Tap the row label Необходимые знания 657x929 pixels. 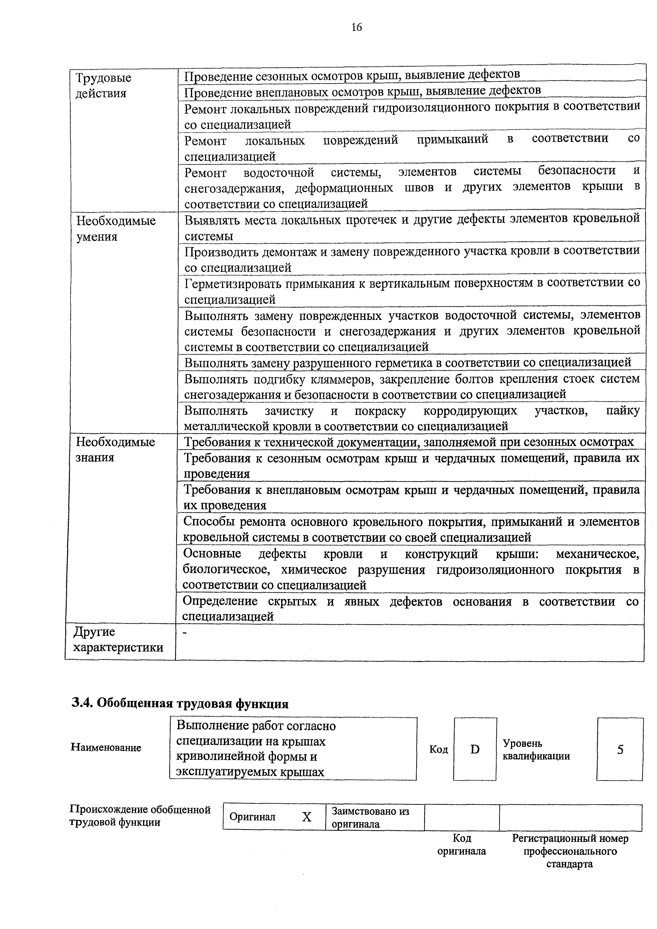pos(115,449)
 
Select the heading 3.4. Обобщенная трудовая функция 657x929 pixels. pos(180,704)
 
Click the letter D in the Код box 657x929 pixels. pos(475,750)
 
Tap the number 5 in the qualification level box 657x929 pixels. pos(620,750)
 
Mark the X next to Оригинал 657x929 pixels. pos(307,817)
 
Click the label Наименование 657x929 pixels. pos(106,747)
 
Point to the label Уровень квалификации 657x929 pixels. pos(536,749)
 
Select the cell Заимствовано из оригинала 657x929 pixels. pos(370,817)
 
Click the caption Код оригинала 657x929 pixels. pos(461,845)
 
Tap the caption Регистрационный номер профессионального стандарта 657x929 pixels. pos(570,851)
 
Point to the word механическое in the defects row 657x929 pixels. pos(597,553)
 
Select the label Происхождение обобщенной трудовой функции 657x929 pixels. pos(140,816)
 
